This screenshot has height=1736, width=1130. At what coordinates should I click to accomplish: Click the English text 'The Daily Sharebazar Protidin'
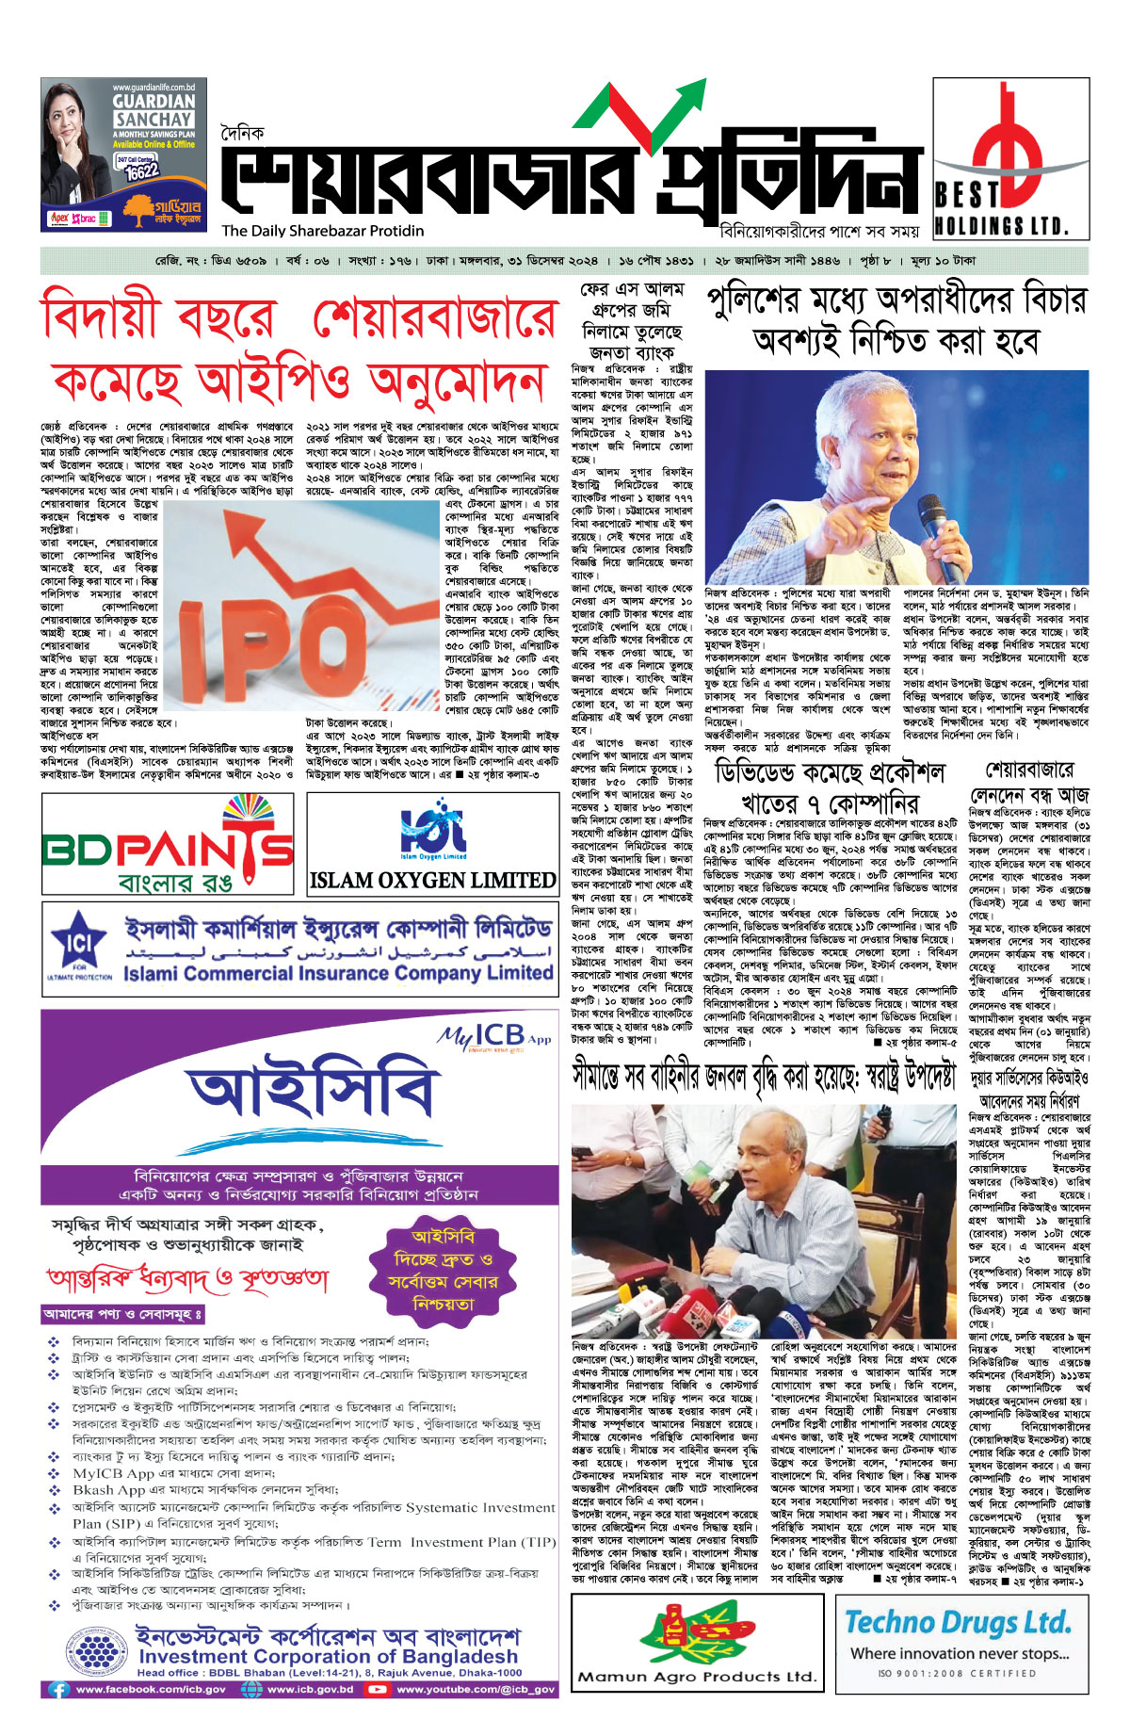tap(323, 231)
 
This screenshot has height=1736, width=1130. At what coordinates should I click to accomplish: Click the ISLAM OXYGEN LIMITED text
tap(432, 881)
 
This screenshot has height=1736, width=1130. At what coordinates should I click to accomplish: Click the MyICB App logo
tap(494, 1037)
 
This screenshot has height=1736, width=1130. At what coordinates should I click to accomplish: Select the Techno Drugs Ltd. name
tap(958, 1622)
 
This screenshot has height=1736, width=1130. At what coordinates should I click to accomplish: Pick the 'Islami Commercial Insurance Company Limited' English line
tap(338, 972)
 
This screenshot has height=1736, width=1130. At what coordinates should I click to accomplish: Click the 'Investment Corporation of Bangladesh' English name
tap(329, 1656)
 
